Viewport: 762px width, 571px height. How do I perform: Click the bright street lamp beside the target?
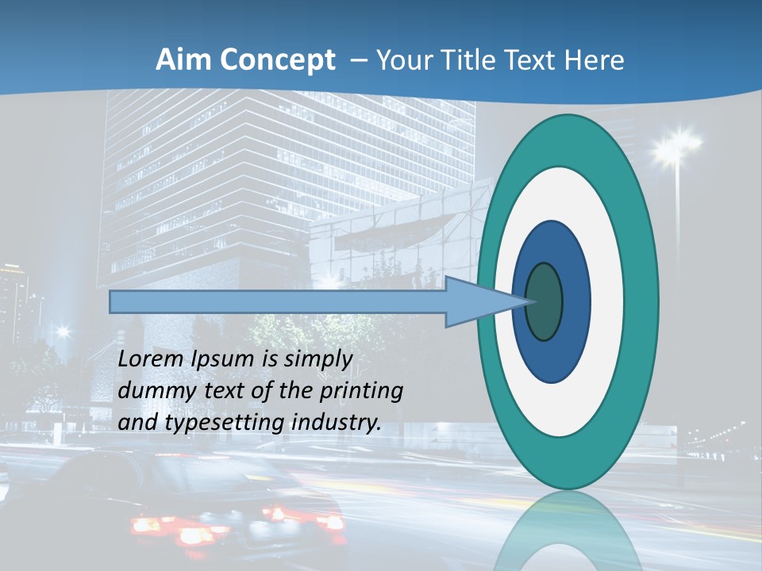pyautogui.click(x=677, y=147)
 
